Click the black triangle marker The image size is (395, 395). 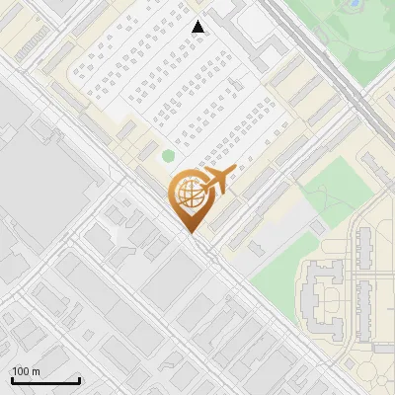198,27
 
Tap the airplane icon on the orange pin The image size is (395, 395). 217,181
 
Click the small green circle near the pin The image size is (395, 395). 168,155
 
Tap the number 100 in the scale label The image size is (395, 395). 21,371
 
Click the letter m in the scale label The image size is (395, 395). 36,371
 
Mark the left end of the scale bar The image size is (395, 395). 11,381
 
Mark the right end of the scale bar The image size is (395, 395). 80,381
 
